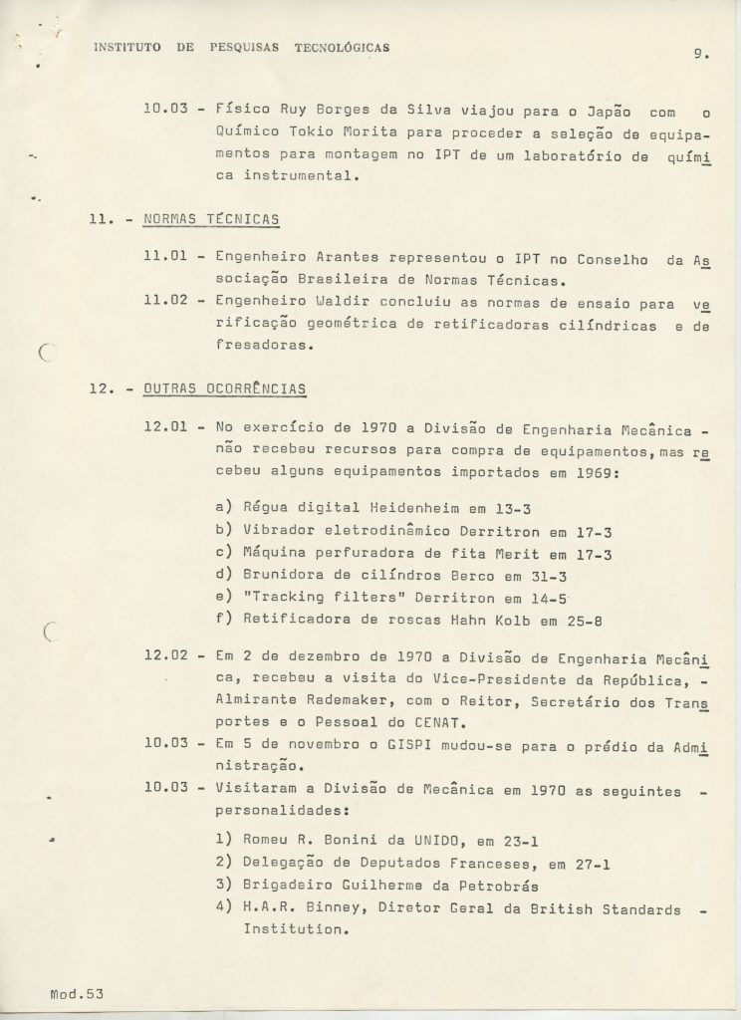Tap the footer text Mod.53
point(77,993)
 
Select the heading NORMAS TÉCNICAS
point(211,218)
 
